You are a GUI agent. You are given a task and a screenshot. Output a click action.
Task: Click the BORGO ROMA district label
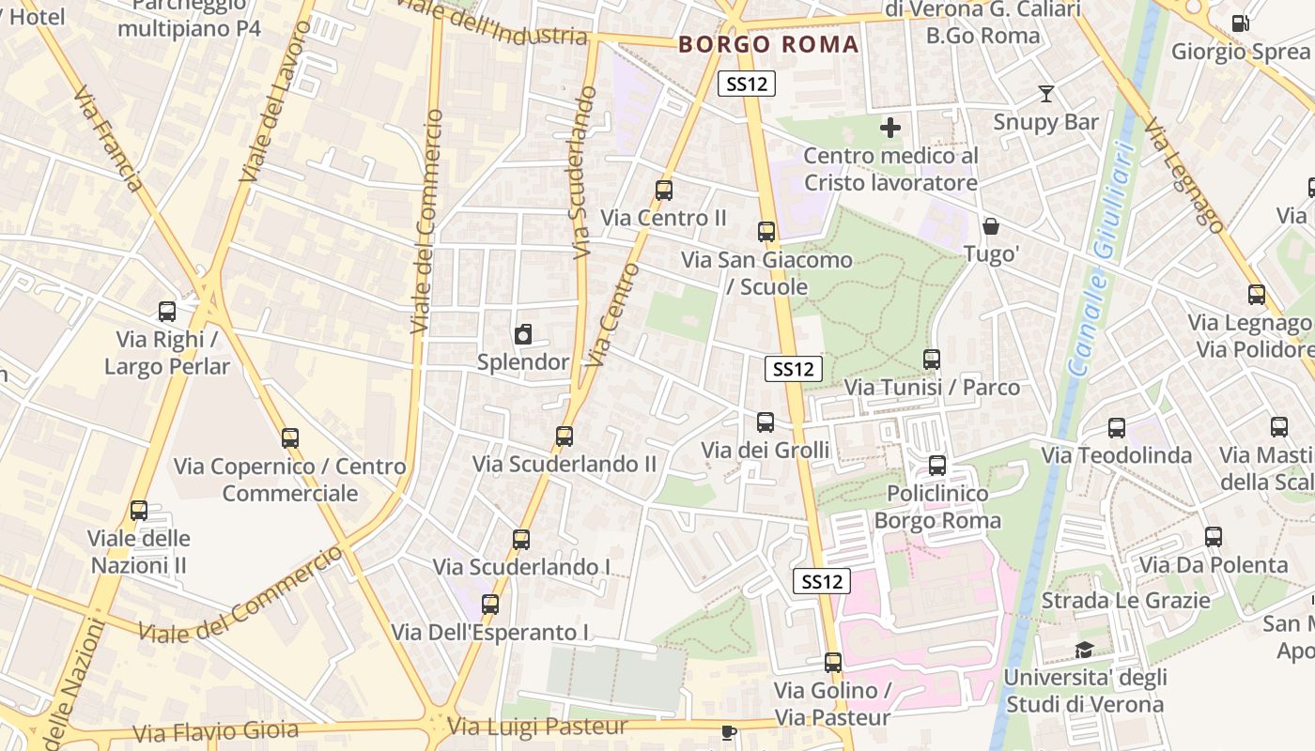coord(768,44)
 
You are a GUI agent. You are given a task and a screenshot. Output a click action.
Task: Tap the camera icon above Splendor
coord(523,334)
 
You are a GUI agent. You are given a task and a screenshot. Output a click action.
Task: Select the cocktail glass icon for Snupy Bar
coord(1045,93)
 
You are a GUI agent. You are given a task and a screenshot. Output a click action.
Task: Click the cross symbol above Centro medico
coord(890,128)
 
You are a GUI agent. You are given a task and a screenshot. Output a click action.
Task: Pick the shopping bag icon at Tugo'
coord(991,226)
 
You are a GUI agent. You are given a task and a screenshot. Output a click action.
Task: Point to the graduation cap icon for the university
coord(1084,650)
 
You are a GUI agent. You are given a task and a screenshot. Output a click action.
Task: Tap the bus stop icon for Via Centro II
coord(664,191)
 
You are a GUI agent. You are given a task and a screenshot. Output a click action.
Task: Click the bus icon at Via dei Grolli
coord(766,422)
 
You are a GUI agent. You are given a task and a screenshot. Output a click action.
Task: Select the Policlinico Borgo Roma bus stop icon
coord(936,466)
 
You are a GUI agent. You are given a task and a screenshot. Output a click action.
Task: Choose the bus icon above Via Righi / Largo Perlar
coord(167,312)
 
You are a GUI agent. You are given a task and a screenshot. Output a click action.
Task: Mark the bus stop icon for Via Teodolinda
coord(1116,428)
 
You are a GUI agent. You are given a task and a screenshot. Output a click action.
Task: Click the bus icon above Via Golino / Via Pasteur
coord(832,663)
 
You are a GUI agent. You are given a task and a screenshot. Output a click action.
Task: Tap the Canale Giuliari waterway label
coord(1098,258)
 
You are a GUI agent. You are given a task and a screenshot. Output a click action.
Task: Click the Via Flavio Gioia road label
coord(216,730)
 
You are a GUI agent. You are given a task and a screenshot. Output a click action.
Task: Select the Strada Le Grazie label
coord(1125,600)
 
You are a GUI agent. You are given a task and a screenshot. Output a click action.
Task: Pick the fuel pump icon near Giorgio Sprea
coord(1240,23)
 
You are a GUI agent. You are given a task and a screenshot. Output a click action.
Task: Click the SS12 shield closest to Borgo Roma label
coord(747,84)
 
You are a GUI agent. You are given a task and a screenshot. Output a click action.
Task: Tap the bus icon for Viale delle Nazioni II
coord(139,511)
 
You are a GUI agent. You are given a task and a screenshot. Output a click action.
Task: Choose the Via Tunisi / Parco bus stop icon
coord(932,360)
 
